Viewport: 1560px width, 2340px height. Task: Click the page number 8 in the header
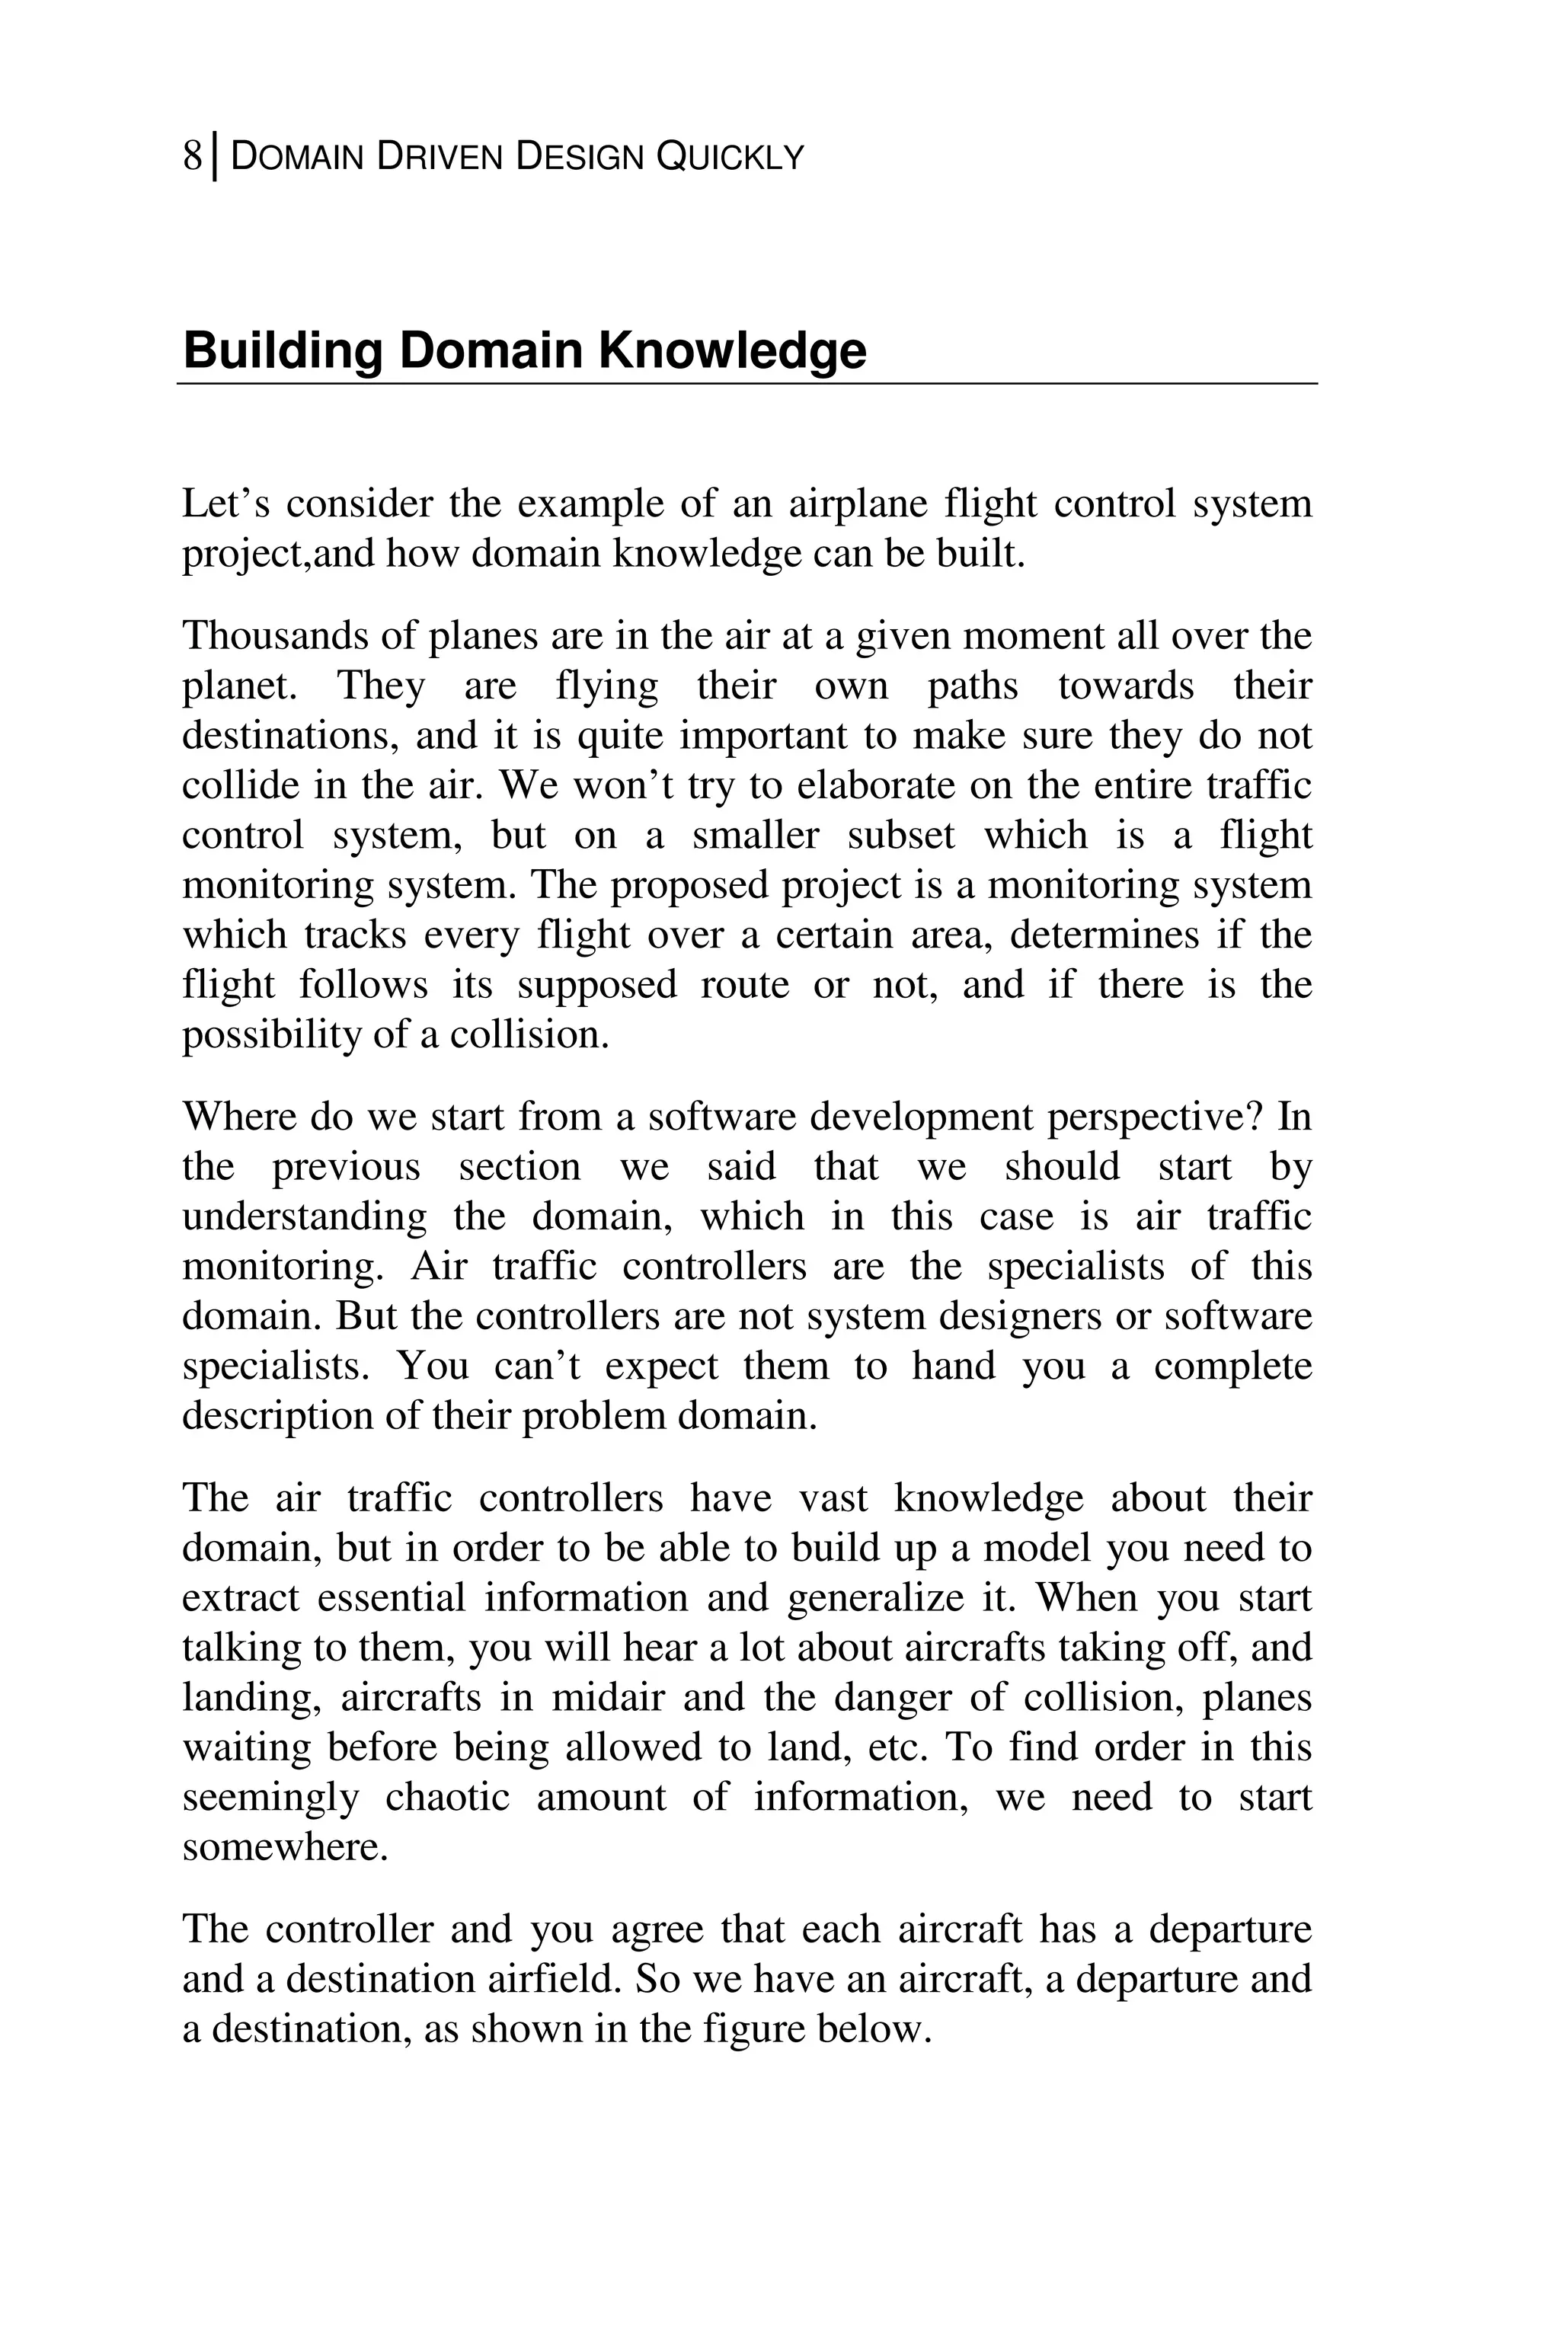pos(192,157)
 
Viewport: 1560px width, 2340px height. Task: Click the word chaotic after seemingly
pos(446,1798)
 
